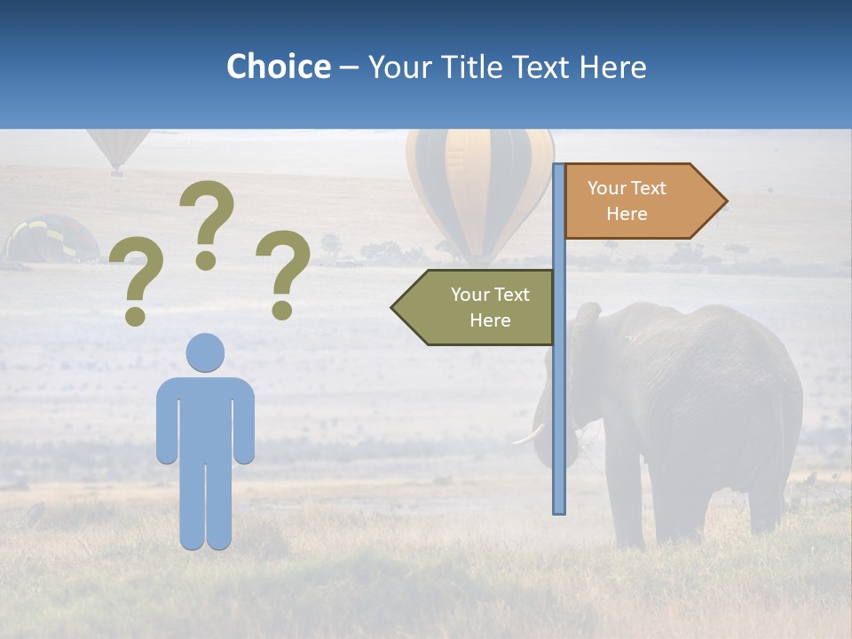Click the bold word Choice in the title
(x=278, y=67)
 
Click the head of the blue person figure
(x=205, y=352)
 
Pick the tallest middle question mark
(x=207, y=222)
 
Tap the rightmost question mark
(x=283, y=273)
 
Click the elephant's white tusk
(x=529, y=434)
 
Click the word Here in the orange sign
(x=627, y=214)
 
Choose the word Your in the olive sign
(x=468, y=295)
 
